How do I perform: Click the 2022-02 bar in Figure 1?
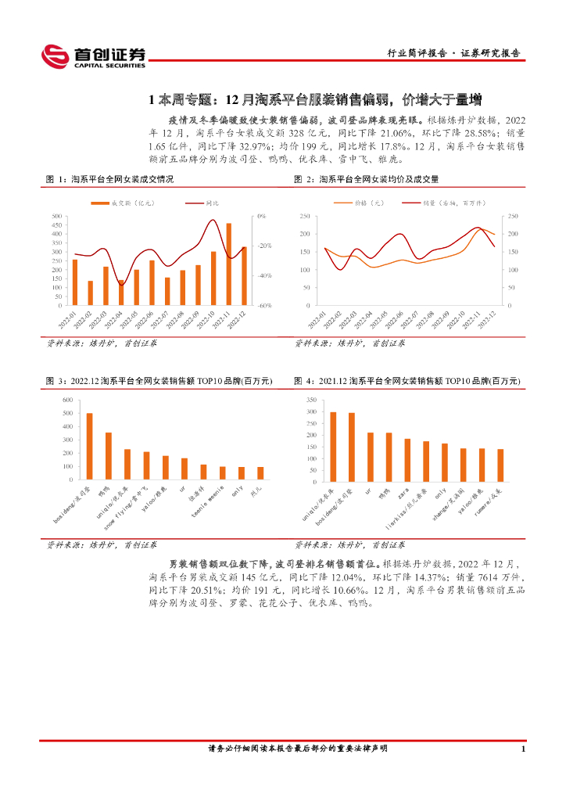[91, 293]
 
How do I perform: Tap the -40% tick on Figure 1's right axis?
[264, 275]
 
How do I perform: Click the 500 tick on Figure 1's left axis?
[57, 216]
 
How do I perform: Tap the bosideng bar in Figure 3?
[89, 447]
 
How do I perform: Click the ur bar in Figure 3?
[184, 469]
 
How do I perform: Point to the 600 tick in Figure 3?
[66, 400]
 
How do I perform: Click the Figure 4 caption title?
[407, 381]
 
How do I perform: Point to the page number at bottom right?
[522, 749]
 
